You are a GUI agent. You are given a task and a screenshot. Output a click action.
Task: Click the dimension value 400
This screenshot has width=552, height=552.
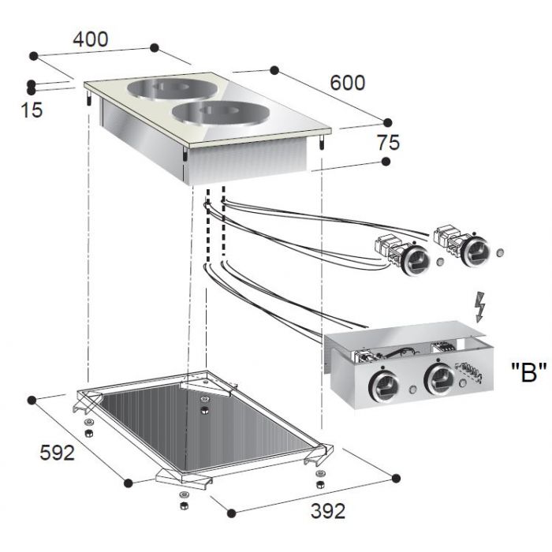[91, 39]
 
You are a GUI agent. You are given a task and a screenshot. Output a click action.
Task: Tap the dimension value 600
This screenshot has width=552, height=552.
[348, 83]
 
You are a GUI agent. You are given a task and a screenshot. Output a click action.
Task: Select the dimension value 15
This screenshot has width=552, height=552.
[32, 110]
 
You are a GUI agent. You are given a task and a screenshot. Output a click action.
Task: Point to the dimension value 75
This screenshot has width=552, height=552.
[389, 143]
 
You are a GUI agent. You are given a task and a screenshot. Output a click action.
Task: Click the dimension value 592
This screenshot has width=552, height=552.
[57, 453]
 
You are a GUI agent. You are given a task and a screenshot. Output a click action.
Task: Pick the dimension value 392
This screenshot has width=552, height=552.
[328, 511]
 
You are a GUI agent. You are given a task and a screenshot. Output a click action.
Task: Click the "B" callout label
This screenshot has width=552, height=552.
[529, 372]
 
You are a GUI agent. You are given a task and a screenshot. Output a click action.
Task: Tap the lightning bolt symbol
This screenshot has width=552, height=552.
[480, 307]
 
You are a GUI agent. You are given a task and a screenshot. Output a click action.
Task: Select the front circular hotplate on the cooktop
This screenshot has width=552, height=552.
[221, 113]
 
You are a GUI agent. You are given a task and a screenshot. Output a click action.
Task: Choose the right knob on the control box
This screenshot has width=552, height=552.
[439, 379]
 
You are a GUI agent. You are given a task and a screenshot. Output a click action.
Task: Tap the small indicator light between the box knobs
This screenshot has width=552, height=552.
[412, 390]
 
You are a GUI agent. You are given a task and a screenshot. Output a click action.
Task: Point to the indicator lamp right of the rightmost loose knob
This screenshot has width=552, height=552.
[500, 252]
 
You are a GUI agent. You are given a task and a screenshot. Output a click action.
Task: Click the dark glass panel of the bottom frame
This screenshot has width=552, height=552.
[204, 427]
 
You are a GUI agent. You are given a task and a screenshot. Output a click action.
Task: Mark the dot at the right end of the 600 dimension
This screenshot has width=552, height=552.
[387, 122]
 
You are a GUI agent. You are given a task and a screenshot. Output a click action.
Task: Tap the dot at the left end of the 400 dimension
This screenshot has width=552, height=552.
[34, 56]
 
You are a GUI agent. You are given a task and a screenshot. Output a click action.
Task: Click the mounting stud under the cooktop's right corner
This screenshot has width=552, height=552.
[322, 142]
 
